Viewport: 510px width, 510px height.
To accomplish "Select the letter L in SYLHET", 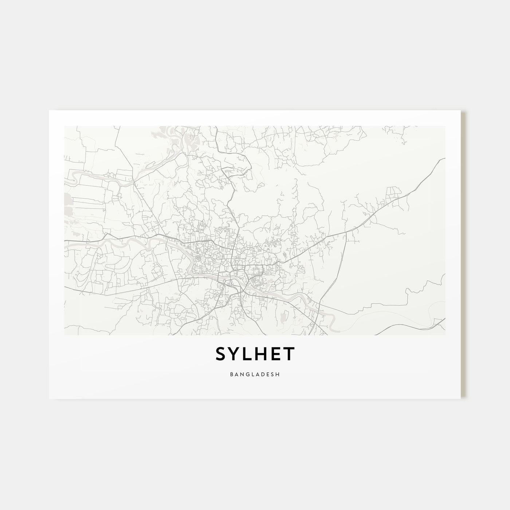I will click(x=250, y=354).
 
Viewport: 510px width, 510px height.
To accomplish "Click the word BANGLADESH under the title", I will click(x=255, y=374).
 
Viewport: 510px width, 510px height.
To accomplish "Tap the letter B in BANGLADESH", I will click(x=232, y=374).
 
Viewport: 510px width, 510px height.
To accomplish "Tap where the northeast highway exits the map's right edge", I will click(x=444, y=159).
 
